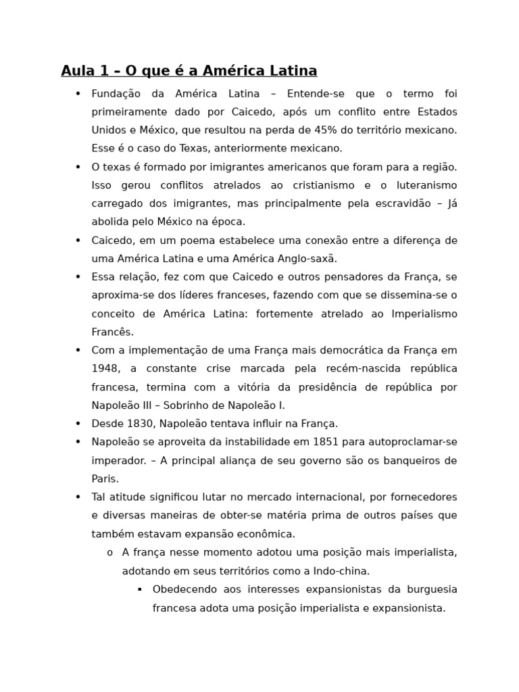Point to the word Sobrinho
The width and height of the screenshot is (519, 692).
(x=198, y=405)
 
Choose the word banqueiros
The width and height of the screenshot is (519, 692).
(x=428, y=460)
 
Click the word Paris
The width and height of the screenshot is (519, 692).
(x=105, y=478)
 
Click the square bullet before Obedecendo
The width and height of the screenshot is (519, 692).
(x=139, y=589)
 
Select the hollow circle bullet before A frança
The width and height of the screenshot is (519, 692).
(x=109, y=553)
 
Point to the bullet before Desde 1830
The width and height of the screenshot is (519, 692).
(x=78, y=424)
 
